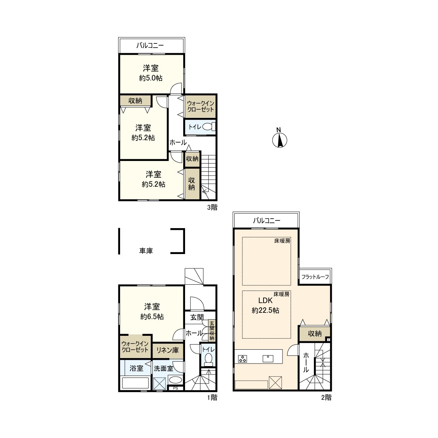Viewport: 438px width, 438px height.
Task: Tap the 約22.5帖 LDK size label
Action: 265,311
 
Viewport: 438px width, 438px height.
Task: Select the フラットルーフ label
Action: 315,277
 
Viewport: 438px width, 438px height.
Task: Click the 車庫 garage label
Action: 146,251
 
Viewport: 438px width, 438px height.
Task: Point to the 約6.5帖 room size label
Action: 152,316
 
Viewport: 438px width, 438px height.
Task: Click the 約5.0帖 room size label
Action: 151,78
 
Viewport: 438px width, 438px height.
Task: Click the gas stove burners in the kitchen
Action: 242,358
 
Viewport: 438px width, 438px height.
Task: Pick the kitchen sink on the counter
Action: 268,358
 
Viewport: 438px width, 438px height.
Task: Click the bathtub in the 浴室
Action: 135,383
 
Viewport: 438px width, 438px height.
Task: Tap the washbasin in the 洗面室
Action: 176,380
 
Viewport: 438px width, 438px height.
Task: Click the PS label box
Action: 176,388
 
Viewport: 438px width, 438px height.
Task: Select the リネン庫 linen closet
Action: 168,350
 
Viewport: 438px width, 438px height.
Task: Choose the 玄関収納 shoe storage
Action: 212,331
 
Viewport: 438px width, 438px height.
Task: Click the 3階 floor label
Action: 212,207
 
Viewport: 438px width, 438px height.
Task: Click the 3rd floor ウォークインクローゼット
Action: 200,106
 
